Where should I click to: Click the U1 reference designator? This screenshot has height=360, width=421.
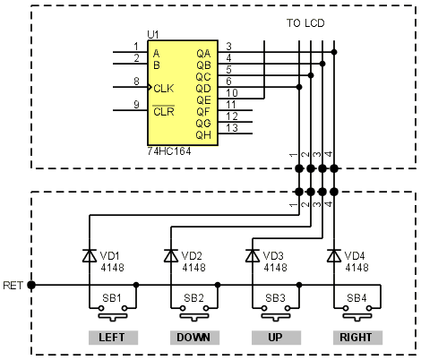153,35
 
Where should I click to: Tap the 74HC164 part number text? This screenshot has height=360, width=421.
169,151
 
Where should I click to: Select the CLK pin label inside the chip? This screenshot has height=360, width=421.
164,89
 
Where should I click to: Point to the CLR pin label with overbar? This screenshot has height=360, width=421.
164,111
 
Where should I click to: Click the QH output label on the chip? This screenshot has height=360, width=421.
203,135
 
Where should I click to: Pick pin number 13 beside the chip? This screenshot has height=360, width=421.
232,128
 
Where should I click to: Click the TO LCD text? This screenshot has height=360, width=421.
305,23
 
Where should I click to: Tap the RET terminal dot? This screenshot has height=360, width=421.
31,285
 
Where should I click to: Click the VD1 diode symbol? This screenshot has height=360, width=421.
90,256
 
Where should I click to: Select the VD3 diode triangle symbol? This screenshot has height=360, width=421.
253,256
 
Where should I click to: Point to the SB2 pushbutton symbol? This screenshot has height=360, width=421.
194,313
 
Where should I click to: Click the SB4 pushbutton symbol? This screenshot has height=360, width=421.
357,313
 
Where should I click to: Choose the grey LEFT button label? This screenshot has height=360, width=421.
113,338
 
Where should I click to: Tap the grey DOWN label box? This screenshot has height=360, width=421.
194,338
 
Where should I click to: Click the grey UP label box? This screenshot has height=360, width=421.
276,338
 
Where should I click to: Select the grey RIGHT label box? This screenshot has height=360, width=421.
357,338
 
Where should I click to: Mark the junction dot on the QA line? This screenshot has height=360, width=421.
334,52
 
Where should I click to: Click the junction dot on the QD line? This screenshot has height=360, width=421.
299,87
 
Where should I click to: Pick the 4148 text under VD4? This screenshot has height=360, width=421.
357,268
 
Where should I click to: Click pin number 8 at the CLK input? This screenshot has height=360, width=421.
136,81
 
